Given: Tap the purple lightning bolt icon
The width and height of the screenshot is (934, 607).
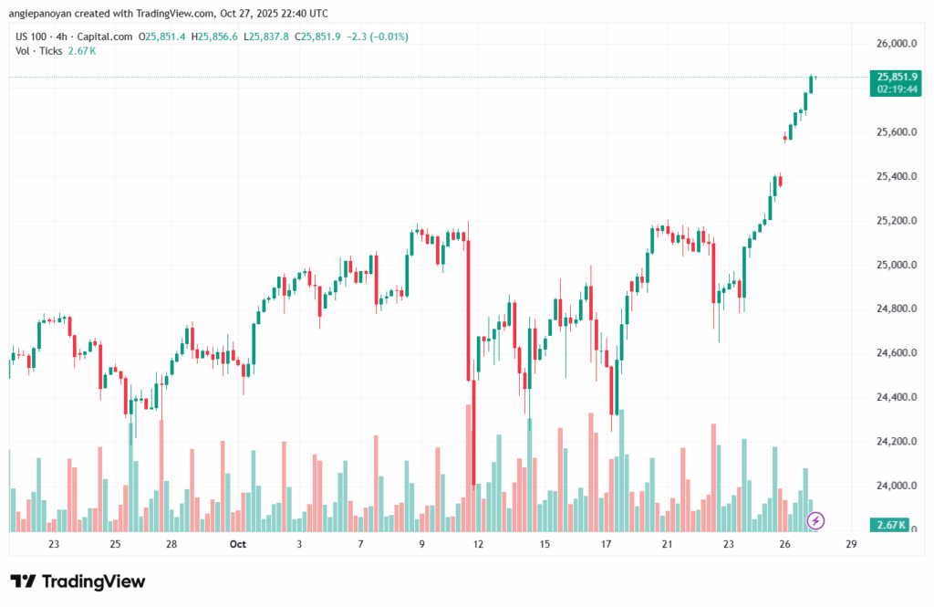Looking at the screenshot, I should coord(817,520).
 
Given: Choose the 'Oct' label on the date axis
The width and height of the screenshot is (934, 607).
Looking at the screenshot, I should coord(238,545).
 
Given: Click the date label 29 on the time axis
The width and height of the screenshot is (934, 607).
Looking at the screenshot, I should coord(851,545).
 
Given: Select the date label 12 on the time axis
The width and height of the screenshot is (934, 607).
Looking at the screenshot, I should coord(480,545).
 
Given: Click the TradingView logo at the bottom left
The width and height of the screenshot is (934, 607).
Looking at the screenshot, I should coord(78,581).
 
